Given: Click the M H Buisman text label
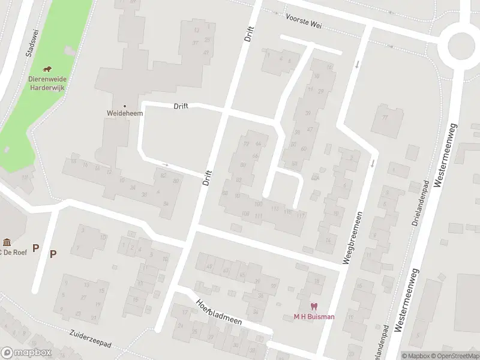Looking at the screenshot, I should point(314,317).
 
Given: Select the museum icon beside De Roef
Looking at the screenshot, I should point(7,243).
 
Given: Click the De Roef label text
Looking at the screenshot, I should point(13,252).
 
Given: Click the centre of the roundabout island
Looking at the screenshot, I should point(463,44).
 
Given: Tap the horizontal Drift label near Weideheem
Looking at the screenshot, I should point(181,106).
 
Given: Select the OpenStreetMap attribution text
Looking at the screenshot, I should point(454,356).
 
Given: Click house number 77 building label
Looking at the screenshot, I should point(385,117).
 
